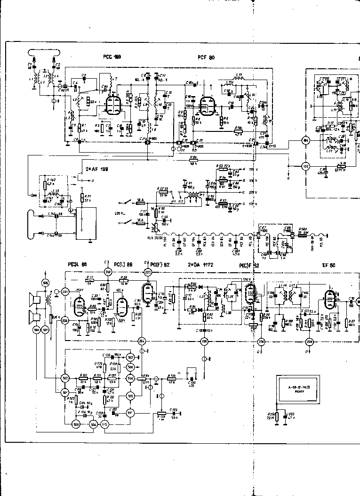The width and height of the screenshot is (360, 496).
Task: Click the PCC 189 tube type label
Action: click(x=112, y=57)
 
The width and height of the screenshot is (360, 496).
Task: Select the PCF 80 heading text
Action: click(x=206, y=57)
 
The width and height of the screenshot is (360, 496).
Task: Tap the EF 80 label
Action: click(x=328, y=265)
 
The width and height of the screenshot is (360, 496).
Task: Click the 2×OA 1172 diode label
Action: click(x=200, y=265)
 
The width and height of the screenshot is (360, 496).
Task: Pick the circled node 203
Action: click(x=148, y=272)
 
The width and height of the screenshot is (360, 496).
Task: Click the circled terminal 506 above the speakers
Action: click(x=45, y=283)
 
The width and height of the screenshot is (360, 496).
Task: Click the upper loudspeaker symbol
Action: click(x=36, y=299)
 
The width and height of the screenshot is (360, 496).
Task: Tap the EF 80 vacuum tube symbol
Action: click(x=328, y=300)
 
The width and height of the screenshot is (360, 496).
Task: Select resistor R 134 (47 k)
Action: click(x=158, y=376)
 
